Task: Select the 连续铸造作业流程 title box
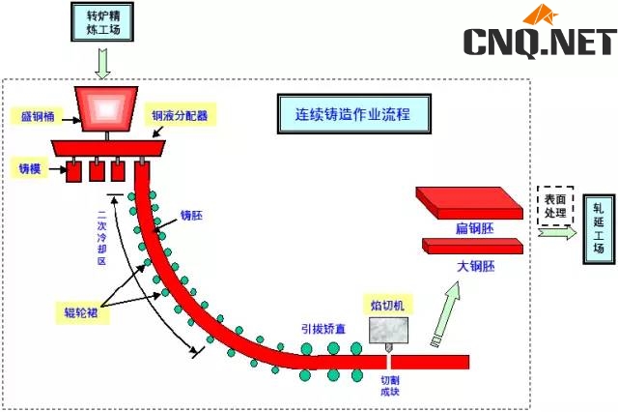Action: coord(352,113)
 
